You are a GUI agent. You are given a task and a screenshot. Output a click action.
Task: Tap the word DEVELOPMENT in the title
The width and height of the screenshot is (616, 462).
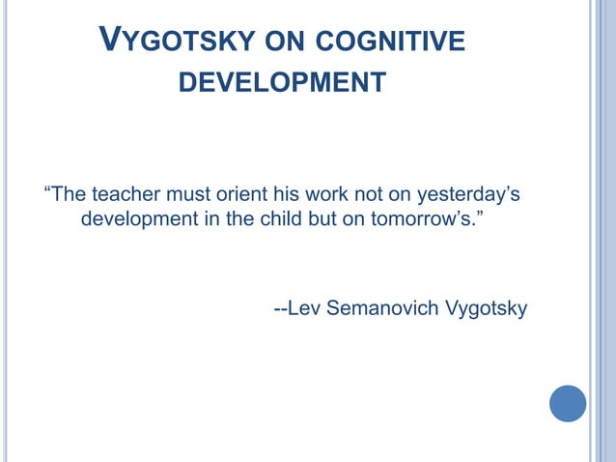282,83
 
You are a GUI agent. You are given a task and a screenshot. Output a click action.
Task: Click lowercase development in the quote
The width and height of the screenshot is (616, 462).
139,219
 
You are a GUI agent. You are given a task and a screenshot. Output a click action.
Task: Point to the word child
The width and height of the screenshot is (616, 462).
280,218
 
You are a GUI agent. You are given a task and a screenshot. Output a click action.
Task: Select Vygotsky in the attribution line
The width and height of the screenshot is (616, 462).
486,310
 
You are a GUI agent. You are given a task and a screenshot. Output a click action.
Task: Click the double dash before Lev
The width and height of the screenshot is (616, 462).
280,310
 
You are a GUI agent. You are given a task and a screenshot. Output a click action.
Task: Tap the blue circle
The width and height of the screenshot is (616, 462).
568,403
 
